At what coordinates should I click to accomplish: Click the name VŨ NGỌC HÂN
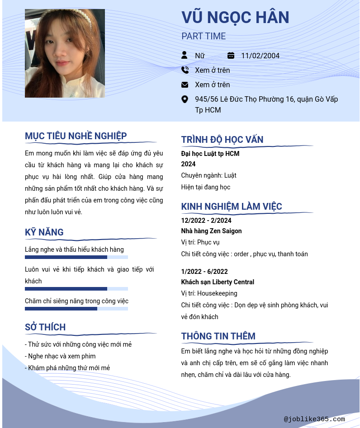point(235,18)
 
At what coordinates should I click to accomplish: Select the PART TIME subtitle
point(204,37)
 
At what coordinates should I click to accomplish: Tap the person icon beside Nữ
point(185,55)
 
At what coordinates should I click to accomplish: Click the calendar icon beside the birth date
point(231,56)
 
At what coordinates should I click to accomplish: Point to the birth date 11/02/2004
point(260,56)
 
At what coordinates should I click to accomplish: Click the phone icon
point(185,70)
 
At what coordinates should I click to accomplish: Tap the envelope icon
point(185,85)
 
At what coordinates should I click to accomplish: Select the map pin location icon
point(185,99)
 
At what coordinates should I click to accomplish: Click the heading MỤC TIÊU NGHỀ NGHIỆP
point(76,136)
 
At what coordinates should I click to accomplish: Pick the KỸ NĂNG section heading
point(44,232)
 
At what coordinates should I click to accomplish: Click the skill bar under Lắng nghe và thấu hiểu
point(76,257)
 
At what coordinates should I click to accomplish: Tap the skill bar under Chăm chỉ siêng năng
point(76,309)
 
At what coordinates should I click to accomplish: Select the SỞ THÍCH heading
point(45,327)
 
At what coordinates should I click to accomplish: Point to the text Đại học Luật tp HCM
point(210,154)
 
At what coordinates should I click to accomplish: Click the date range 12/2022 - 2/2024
point(206,221)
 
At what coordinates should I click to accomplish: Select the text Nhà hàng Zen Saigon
point(211,231)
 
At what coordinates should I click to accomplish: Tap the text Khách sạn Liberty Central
point(218,282)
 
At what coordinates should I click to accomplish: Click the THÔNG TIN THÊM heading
point(218,336)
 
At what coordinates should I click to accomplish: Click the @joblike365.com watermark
point(314,419)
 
